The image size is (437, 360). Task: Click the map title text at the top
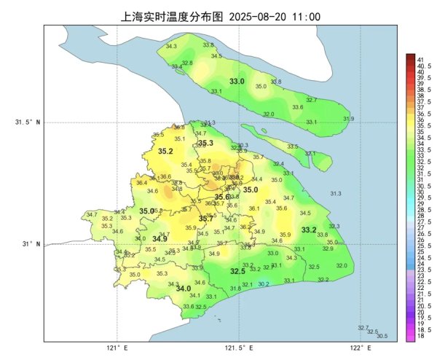[219, 15]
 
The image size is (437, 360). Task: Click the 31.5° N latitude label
[28, 122]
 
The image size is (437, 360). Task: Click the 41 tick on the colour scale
[420, 58]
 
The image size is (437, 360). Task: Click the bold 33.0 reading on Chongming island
[237, 81]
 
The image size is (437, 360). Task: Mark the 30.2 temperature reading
[264, 284]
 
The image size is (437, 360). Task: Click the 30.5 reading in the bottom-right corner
[382, 336]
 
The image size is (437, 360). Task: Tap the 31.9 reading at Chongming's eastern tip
[348, 119]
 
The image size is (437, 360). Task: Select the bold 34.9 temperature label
[160, 238]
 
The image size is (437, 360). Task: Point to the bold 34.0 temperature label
[184, 289]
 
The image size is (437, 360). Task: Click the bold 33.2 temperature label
[309, 230]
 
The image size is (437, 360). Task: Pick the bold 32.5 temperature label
[237, 271]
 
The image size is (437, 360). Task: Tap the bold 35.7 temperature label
[206, 219]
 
